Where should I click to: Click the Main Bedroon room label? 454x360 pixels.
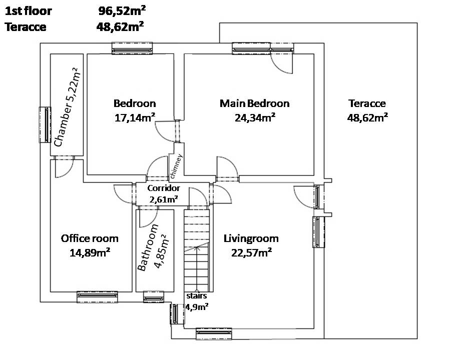point(254,103)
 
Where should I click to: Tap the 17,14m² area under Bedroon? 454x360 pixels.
point(135,117)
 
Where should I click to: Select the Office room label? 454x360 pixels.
point(90,238)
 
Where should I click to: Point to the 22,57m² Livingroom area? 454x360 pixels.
point(251,252)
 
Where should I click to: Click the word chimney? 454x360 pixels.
point(176,166)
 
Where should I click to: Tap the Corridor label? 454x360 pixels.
point(164,188)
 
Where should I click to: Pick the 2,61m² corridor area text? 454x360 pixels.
point(164,199)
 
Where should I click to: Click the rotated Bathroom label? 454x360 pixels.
point(148,247)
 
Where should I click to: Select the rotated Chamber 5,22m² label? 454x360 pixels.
point(66,107)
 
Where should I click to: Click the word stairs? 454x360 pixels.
point(197,296)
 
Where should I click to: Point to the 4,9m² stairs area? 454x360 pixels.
point(197,307)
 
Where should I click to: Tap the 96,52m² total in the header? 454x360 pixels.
point(122,11)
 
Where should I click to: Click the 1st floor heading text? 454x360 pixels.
point(29,11)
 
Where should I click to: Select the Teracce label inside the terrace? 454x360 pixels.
point(367,103)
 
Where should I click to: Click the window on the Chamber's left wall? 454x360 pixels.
point(45,124)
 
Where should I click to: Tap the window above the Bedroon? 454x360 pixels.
point(132,48)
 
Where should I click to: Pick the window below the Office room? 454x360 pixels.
point(97,297)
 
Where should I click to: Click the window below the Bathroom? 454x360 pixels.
point(154,297)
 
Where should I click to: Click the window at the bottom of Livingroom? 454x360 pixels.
point(214,333)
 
